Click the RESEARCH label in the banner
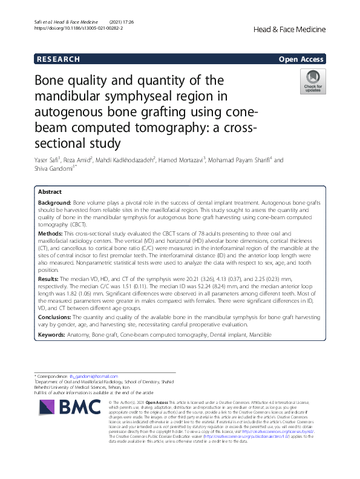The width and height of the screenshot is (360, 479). click(58, 59)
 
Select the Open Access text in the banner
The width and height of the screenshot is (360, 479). click(301, 59)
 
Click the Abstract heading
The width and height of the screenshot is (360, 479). click(50, 192)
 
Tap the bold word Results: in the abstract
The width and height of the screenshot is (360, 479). click(49, 279)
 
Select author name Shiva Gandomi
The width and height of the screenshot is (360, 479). click(54, 169)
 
